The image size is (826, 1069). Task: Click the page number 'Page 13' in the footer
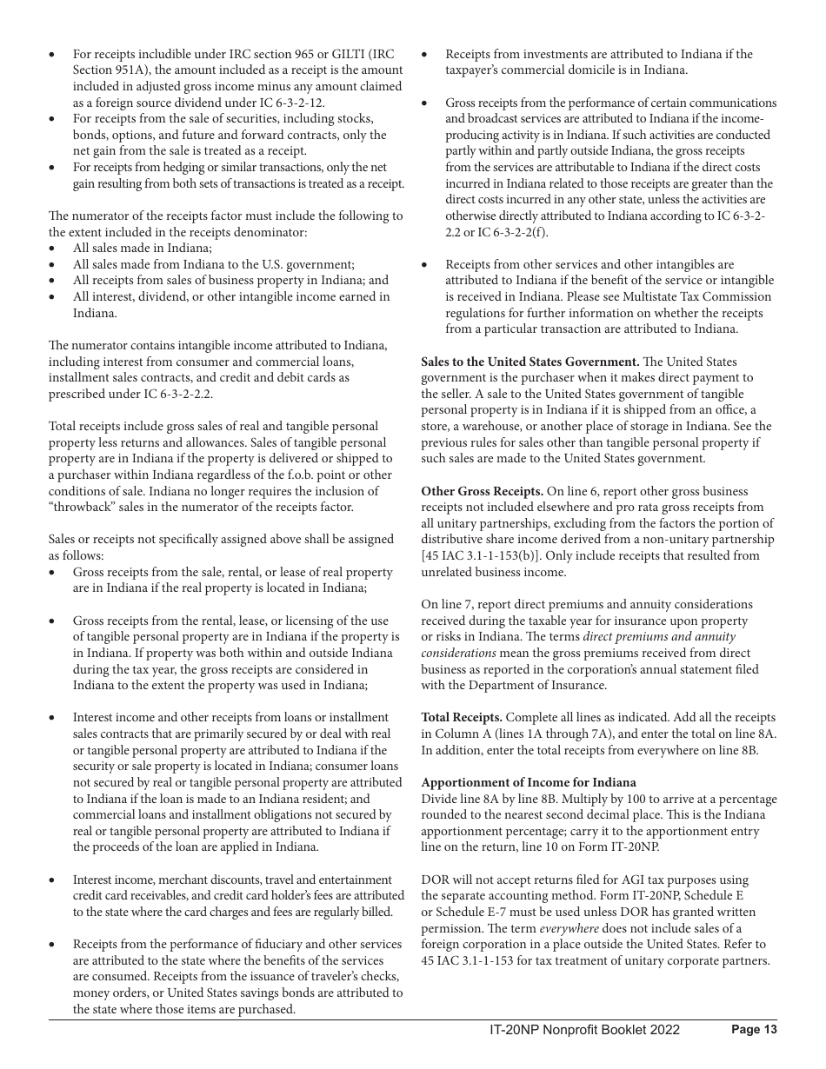(754, 1030)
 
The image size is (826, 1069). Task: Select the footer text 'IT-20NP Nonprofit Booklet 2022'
(584, 1030)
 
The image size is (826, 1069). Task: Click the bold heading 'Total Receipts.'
(462, 717)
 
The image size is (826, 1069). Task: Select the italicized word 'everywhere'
(569, 928)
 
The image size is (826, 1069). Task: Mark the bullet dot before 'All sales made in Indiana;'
(53, 249)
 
